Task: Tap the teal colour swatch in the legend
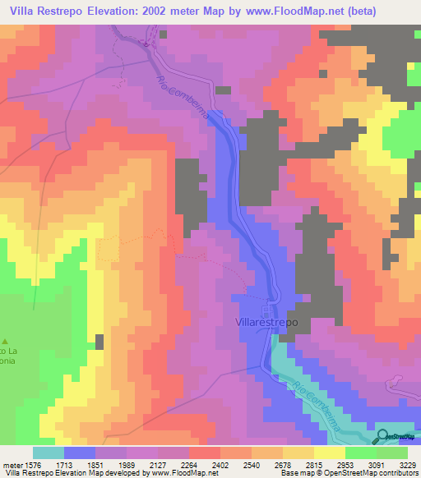pos(49,453)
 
